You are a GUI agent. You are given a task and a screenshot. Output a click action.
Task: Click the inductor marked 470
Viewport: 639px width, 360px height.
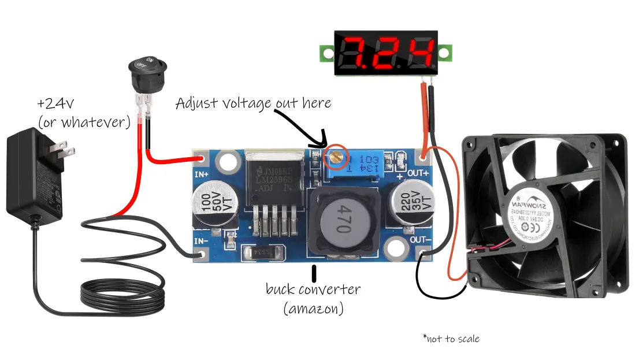click(342, 223)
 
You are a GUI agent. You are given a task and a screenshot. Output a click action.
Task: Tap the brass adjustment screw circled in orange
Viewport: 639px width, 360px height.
click(335, 155)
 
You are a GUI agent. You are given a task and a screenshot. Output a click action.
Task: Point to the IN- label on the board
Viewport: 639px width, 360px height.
click(200, 240)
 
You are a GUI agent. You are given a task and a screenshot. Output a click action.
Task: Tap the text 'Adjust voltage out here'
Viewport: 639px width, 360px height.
click(253, 103)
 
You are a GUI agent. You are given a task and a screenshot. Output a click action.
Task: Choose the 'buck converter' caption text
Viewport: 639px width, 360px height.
click(313, 290)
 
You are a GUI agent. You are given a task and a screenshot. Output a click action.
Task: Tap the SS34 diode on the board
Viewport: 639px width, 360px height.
click(265, 254)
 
